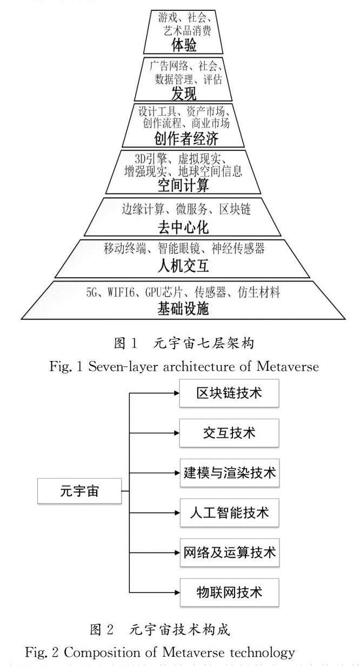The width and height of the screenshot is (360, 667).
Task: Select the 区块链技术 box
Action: [229, 393]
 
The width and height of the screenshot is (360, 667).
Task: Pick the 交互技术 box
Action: [229, 432]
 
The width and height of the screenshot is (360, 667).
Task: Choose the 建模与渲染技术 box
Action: [229, 472]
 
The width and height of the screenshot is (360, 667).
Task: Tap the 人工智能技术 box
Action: [229, 512]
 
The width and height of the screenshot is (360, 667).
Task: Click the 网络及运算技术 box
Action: [229, 552]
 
